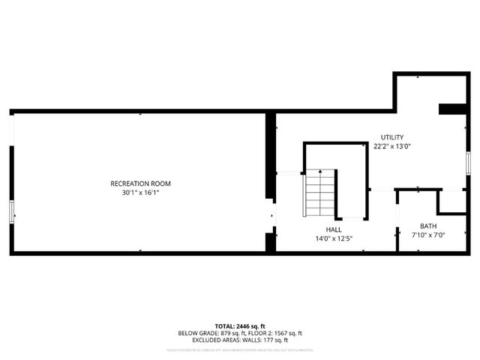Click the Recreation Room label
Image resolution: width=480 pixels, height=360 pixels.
[140, 184]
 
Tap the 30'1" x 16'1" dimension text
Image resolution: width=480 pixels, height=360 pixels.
[140, 193]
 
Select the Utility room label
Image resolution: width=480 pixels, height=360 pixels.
[391, 137]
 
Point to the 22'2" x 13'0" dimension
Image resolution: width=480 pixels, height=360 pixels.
[391, 147]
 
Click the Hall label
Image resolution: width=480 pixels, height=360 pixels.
[334, 229]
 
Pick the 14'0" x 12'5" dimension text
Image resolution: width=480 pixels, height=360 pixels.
[334, 239]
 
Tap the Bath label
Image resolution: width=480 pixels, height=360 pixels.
[428, 226]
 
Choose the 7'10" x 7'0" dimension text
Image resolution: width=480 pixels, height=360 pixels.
[428, 235]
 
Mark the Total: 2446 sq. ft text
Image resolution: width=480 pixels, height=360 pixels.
[239, 326]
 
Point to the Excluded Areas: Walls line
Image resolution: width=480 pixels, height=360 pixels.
[239, 340]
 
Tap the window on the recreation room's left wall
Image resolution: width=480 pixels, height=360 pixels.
[11, 212]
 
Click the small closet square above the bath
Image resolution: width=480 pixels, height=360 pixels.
[451, 200]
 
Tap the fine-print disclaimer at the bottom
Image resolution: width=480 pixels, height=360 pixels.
[239, 349]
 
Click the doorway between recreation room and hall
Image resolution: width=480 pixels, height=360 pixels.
[271, 217]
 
